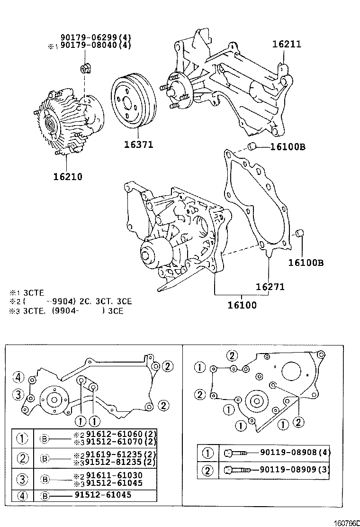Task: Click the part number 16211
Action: (287, 45)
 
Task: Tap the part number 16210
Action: (67, 177)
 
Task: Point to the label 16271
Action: (270, 287)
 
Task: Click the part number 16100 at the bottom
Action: (241, 305)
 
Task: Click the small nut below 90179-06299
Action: (86, 69)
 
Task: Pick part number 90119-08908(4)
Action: (295, 452)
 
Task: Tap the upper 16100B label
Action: (288, 147)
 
